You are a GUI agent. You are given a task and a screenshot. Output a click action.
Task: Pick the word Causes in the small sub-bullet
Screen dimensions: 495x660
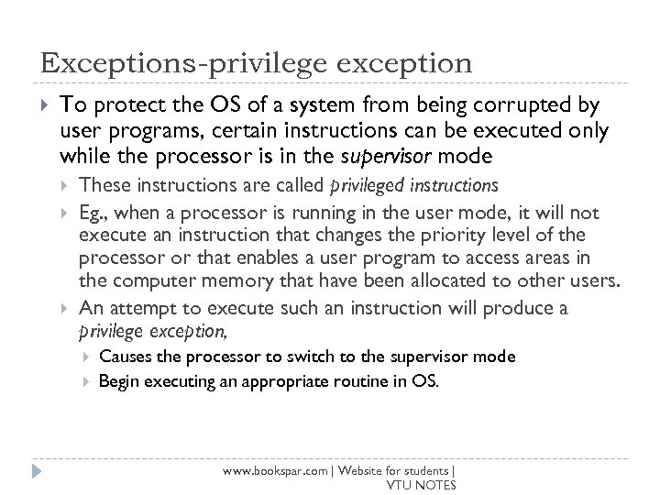[x=122, y=356]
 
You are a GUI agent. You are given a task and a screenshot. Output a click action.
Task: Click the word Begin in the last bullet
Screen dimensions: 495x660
[x=117, y=379]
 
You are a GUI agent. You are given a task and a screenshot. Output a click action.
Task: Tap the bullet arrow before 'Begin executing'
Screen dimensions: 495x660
[x=85, y=379]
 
